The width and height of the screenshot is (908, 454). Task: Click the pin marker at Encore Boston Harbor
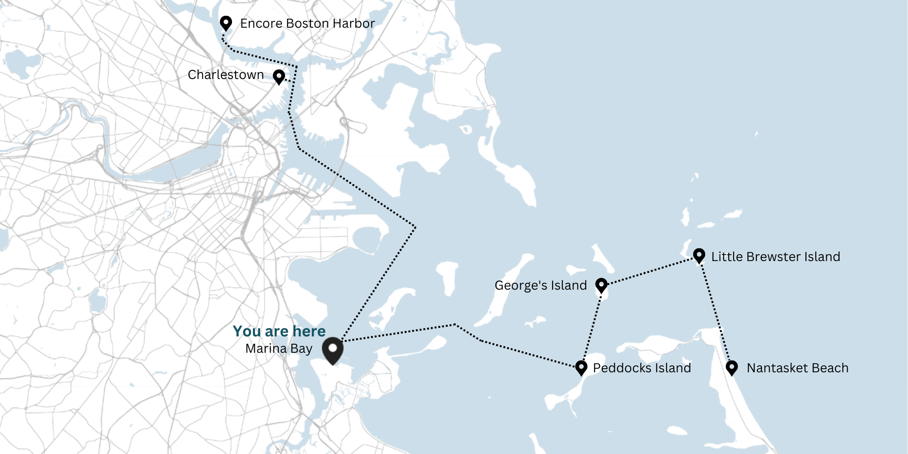click(226, 23)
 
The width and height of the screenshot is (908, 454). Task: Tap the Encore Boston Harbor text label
click(307, 24)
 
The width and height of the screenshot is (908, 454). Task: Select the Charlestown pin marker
click(279, 76)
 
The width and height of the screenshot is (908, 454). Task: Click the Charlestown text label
click(226, 75)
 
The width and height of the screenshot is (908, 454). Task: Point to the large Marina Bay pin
click(333, 350)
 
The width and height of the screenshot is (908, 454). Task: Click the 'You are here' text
click(279, 331)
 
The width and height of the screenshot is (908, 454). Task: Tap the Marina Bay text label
click(279, 349)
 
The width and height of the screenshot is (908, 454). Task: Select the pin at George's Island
click(601, 285)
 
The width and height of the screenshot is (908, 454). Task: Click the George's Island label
click(540, 286)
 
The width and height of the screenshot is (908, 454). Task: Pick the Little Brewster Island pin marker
click(699, 255)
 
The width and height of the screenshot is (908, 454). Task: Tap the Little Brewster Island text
click(775, 257)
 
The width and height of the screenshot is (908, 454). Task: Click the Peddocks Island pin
click(581, 367)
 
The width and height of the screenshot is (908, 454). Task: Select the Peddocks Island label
click(642, 368)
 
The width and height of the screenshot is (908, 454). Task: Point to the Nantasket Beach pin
click(731, 367)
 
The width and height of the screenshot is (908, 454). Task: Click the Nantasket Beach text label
click(797, 368)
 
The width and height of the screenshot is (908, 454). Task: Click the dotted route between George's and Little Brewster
click(650, 271)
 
